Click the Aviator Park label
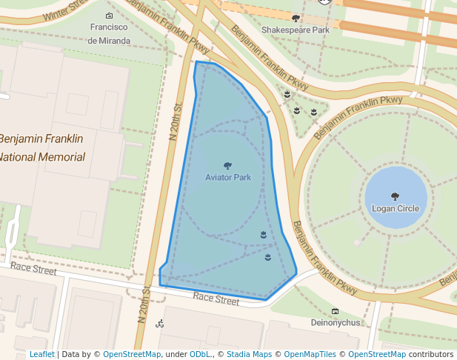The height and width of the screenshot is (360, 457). (228, 178)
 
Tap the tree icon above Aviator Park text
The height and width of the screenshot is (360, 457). (227, 166)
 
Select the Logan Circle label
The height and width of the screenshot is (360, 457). (396, 209)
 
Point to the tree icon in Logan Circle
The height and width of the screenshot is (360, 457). (395, 197)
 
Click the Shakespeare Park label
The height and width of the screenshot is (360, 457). (295, 30)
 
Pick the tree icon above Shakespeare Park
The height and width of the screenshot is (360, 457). (296, 18)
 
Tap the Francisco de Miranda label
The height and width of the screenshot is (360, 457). (110, 34)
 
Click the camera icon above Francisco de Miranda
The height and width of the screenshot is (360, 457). (110, 16)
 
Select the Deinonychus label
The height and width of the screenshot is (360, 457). (335, 323)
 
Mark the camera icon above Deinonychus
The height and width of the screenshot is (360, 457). (335, 311)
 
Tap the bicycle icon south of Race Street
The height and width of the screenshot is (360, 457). (159, 324)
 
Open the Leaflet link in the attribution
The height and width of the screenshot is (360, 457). (41, 355)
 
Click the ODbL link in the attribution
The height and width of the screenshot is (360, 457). (200, 355)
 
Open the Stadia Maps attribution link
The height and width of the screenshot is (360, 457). (248, 355)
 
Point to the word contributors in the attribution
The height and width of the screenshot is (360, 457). (432, 355)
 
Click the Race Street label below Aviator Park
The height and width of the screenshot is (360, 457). (216, 299)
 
